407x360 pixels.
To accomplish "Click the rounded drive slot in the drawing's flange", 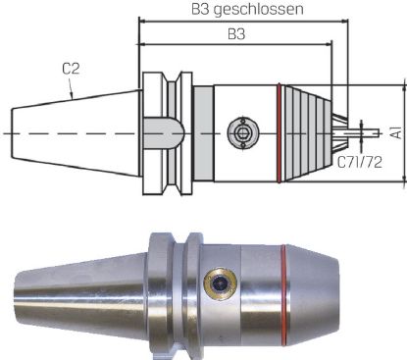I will [x=162, y=130].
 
